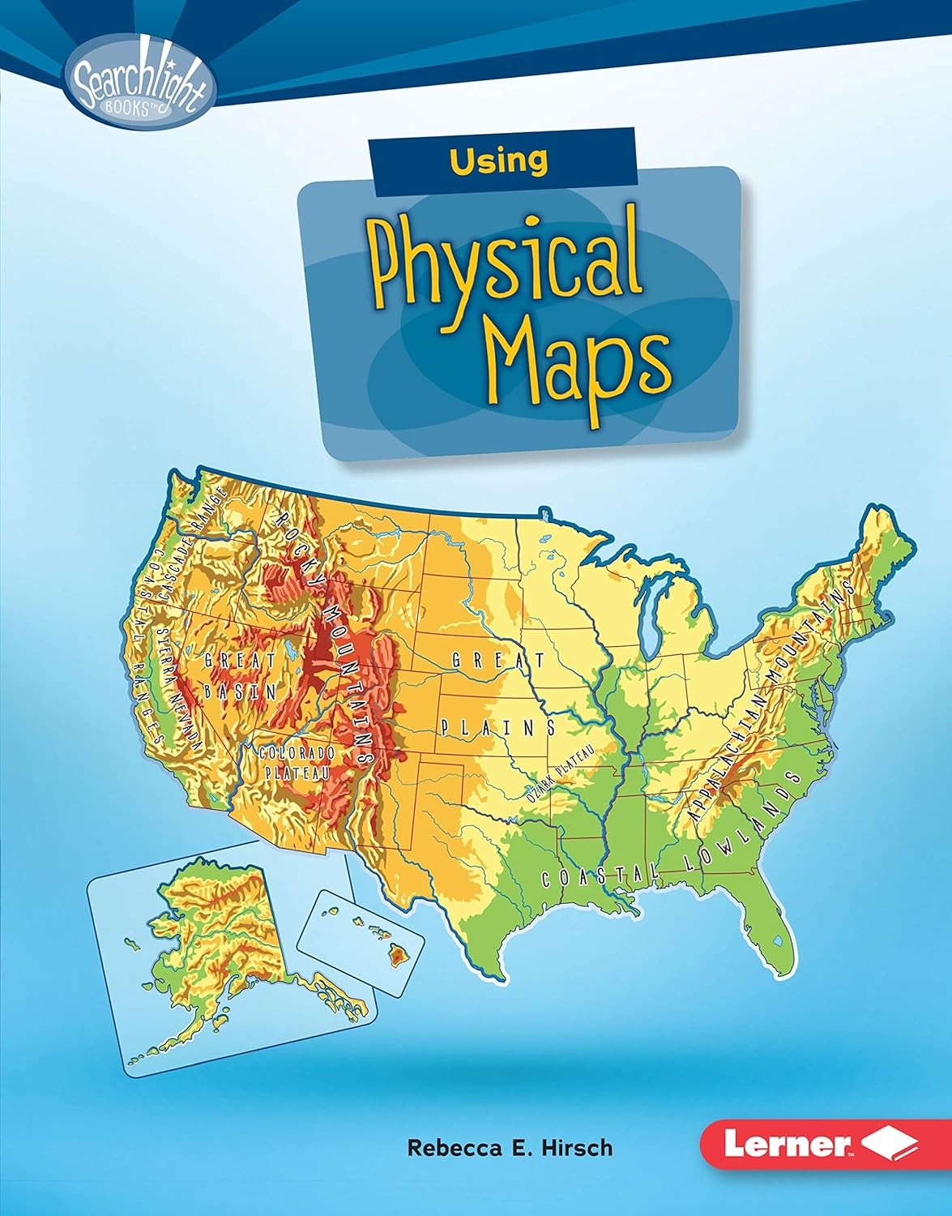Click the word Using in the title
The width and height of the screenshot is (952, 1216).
pyautogui.click(x=499, y=161)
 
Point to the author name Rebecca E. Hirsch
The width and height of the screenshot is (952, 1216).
pyautogui.click(x=510, y=1147)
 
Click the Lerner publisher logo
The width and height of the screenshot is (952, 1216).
pyautogui.click(x=818, y=1144)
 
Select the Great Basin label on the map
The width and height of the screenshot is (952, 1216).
pyautogui.click(x=240, y=674)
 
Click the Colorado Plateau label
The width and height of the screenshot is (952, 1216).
pyautogui.click(x=297, y=762)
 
